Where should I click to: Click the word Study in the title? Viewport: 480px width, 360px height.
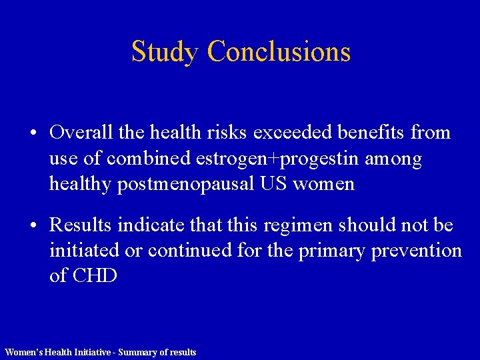[x=165, y=52]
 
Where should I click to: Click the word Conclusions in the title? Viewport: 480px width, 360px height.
[x=279, y=52]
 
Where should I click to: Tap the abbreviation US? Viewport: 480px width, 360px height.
[x=273, y=184]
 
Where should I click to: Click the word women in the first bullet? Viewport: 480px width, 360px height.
[x=324, y=184]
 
